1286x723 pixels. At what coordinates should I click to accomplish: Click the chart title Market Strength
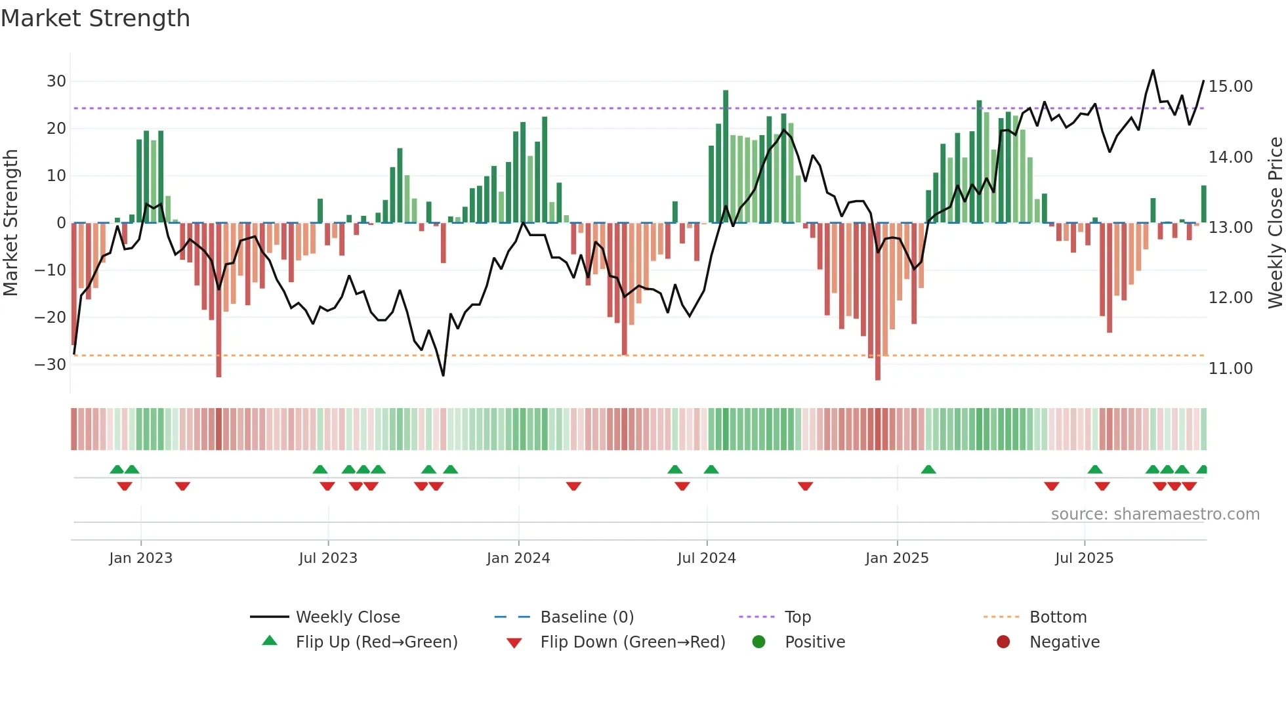pyautogui.click(x=95, y=18)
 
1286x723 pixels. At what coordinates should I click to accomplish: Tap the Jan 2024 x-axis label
pyautogui.click(x=518, y=558)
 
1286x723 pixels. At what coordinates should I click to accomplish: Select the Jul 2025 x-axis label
pyautogui.click(x=1084, y=558)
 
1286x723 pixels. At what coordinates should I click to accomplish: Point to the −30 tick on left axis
pyautogui.click(x=51, y=365)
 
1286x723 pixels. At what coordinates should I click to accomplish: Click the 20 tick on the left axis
pyautogui.click(x=56, y=129)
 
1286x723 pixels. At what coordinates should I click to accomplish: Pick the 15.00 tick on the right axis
pyautogui.click(x=1230, y=87)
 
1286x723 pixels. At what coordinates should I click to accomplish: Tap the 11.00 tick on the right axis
pyautogui.click(x=1230, y=369)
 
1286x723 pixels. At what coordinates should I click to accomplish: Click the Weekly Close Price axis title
pyautogui.click(x=1275, y=223)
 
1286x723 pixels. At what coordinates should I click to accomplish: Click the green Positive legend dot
pyautogui.click(x=758, y=642)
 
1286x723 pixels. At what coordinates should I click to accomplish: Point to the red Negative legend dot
pyautogui.click(x=1003, y=642)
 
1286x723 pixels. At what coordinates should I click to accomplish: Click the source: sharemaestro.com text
pyautogui.click(x=1155, y=514)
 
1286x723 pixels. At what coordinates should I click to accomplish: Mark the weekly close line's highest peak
pyautogui.click(x=1153, y=70)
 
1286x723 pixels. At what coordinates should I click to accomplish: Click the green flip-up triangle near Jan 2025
pyautogui.click(x=928, y=470)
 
